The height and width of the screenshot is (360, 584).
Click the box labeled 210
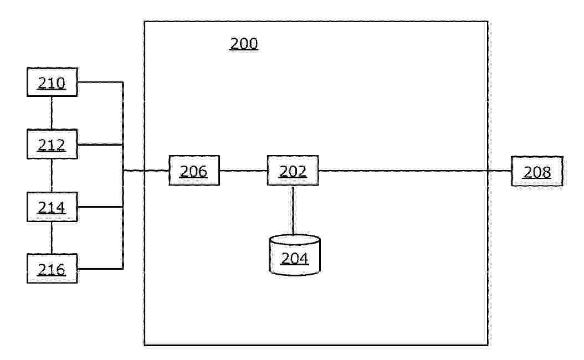[52, 82]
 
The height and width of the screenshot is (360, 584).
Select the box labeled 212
[52, 144]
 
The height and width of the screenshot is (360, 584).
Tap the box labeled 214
[52, 207]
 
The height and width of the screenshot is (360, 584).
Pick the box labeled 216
[52, 269]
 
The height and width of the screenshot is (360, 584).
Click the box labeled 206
[194, 171]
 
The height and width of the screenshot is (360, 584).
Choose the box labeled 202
[293, 171]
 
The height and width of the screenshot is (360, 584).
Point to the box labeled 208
[537, 171]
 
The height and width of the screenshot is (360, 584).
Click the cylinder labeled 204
[295, 255]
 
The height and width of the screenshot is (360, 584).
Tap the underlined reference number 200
[244, 44]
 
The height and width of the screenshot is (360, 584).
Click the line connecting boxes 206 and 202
[244, 171]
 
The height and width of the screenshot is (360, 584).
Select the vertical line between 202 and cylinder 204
[293, 210]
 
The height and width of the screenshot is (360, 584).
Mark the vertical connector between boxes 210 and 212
[52, 113]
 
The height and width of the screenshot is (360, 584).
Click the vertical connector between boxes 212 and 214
[52, 176]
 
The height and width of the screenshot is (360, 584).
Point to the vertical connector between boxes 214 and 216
[52, 238]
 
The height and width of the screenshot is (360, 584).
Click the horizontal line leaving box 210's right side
[100, 82]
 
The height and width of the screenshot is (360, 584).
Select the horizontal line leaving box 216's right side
[100, 269]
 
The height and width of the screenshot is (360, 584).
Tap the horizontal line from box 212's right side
[100, 145]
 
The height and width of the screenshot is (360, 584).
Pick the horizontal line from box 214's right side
[100, 207]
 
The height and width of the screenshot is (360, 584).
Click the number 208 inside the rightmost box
[537, 172]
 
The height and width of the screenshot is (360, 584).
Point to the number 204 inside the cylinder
[295, 258]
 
